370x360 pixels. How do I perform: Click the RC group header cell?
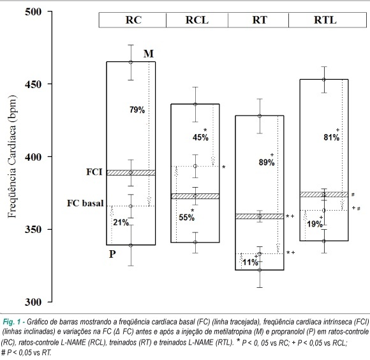(x=133, y=20)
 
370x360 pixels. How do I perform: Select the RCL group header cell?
(x=197, y=20)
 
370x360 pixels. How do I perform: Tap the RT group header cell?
(x=258, y=20)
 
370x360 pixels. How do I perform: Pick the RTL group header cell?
(x=327, y=20)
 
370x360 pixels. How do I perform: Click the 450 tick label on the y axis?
(x=33, y=84)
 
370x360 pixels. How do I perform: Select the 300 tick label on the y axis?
(x=33, y=302)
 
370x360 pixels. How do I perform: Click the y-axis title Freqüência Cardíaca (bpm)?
(x=11, y=156)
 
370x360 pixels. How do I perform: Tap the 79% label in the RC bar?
(x=137, y=110)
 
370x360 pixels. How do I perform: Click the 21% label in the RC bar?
(x=121, y=222)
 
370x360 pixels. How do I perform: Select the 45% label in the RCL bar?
(x=200, y=137)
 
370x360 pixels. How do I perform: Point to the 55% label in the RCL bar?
(x=187, y=218)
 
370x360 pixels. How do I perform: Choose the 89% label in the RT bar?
(x=267, y=162)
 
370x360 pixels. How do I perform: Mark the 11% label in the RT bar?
(x=250, y=262)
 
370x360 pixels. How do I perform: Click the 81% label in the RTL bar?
(x=332, y=137)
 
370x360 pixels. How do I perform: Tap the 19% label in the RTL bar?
(x=314, y=224)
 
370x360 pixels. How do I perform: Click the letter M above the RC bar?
(x=149, y=54)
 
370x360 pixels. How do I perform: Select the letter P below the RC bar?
(x=112, y=254)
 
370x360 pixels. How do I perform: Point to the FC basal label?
(x=85, y=203)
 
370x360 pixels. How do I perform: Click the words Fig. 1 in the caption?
(x=11, y=322)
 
